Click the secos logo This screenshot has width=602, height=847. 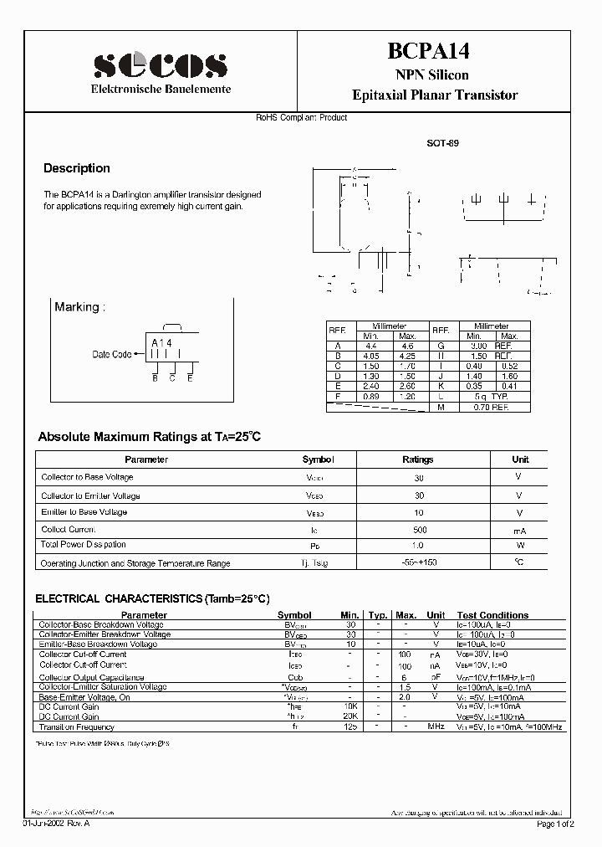tap(160, 64)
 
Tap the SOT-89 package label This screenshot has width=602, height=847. tap(442, 143)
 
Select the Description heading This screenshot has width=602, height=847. tap(77, 168)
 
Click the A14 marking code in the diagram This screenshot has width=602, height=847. tap(161, 343)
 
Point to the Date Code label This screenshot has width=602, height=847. tap(111, 354)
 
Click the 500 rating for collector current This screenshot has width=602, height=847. tap(419, 530)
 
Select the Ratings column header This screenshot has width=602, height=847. tap(418, 459)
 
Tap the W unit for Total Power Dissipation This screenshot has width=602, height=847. tap(519, 544)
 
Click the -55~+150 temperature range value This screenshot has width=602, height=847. tap(419, 563)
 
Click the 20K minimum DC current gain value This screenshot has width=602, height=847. tap(350, 716)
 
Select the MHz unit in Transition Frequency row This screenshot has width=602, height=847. tap(436, 726)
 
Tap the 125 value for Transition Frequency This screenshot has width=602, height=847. tap(350, 726)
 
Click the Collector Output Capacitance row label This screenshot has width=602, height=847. tap(91, 677)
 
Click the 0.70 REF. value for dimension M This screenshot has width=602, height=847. tap(490, 407)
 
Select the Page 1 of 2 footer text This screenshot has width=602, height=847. tap(554, 824)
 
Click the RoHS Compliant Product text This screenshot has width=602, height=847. tap(301, 118)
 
